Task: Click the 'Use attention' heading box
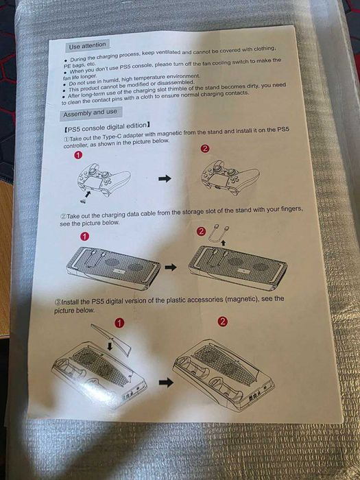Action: point(86,45)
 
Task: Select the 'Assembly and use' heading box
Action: point(90,113)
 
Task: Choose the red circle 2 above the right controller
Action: point(204,149)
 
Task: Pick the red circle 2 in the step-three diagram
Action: point(222,322)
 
